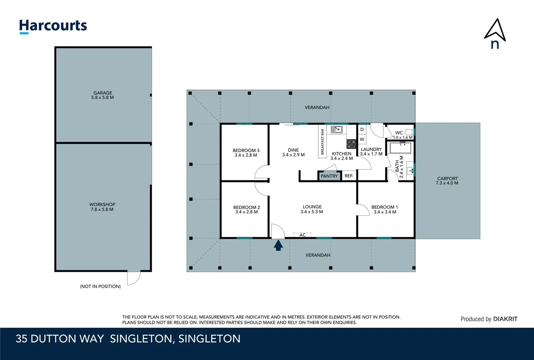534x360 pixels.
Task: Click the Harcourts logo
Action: pyautogui.click(x=53, y=26)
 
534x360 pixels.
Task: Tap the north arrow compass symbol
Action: pyautogui.click(x=495, y=33)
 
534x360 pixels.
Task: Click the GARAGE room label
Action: pyautogui.click(x=103, y=95)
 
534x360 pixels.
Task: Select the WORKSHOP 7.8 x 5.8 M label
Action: pyautogui.click(x=102, y=207)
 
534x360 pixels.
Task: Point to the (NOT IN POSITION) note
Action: pyautogui.click(x=100, y=286)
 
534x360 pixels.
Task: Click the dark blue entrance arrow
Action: pyautogui.click(x=278, y=246)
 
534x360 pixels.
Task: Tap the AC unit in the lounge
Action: pyautogui.click(x=302, y=235)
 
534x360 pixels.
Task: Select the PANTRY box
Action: pyautogui.click(x=329, y=176)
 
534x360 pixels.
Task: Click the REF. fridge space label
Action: pyautogui.click(x=349, y=176)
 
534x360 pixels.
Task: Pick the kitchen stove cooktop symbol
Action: pyautogui.click(x=351, y=144)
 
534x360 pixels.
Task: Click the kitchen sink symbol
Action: pyautogui.click(x=336, y=129)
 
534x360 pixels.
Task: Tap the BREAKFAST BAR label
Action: pyautogui.click(x=322, y=142)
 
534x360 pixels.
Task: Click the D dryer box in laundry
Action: pyautogui.click(x=362, y=129)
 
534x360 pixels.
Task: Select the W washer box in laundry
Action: pyautogui.click(x=362, y=139)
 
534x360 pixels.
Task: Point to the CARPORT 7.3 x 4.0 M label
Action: pyautogui.click(x=447, y=181)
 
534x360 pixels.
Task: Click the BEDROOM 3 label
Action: pyautogui.click(x=246, y=153)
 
